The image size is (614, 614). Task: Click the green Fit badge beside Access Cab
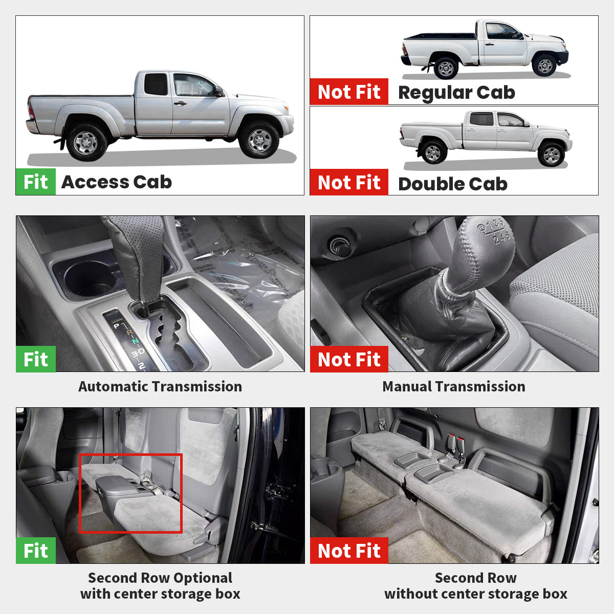[35, 182]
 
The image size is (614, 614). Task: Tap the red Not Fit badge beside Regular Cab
[349, 92]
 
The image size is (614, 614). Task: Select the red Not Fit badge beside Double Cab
[349, 182]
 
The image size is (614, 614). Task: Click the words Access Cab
[117, 182]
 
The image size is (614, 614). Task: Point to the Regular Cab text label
[456, 93]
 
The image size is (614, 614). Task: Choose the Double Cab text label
[453, 184]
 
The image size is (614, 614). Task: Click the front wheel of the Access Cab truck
[259, 140]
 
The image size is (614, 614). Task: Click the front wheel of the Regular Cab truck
[545, 65]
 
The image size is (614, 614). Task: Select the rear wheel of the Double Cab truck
[433, 152]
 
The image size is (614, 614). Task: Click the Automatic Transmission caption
[160, 386]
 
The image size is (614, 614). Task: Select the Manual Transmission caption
[454, 386]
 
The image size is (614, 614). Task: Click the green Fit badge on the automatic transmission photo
[35, 359]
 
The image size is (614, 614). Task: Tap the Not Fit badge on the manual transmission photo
[349, 359]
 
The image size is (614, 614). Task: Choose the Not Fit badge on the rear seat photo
[349, 551]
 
